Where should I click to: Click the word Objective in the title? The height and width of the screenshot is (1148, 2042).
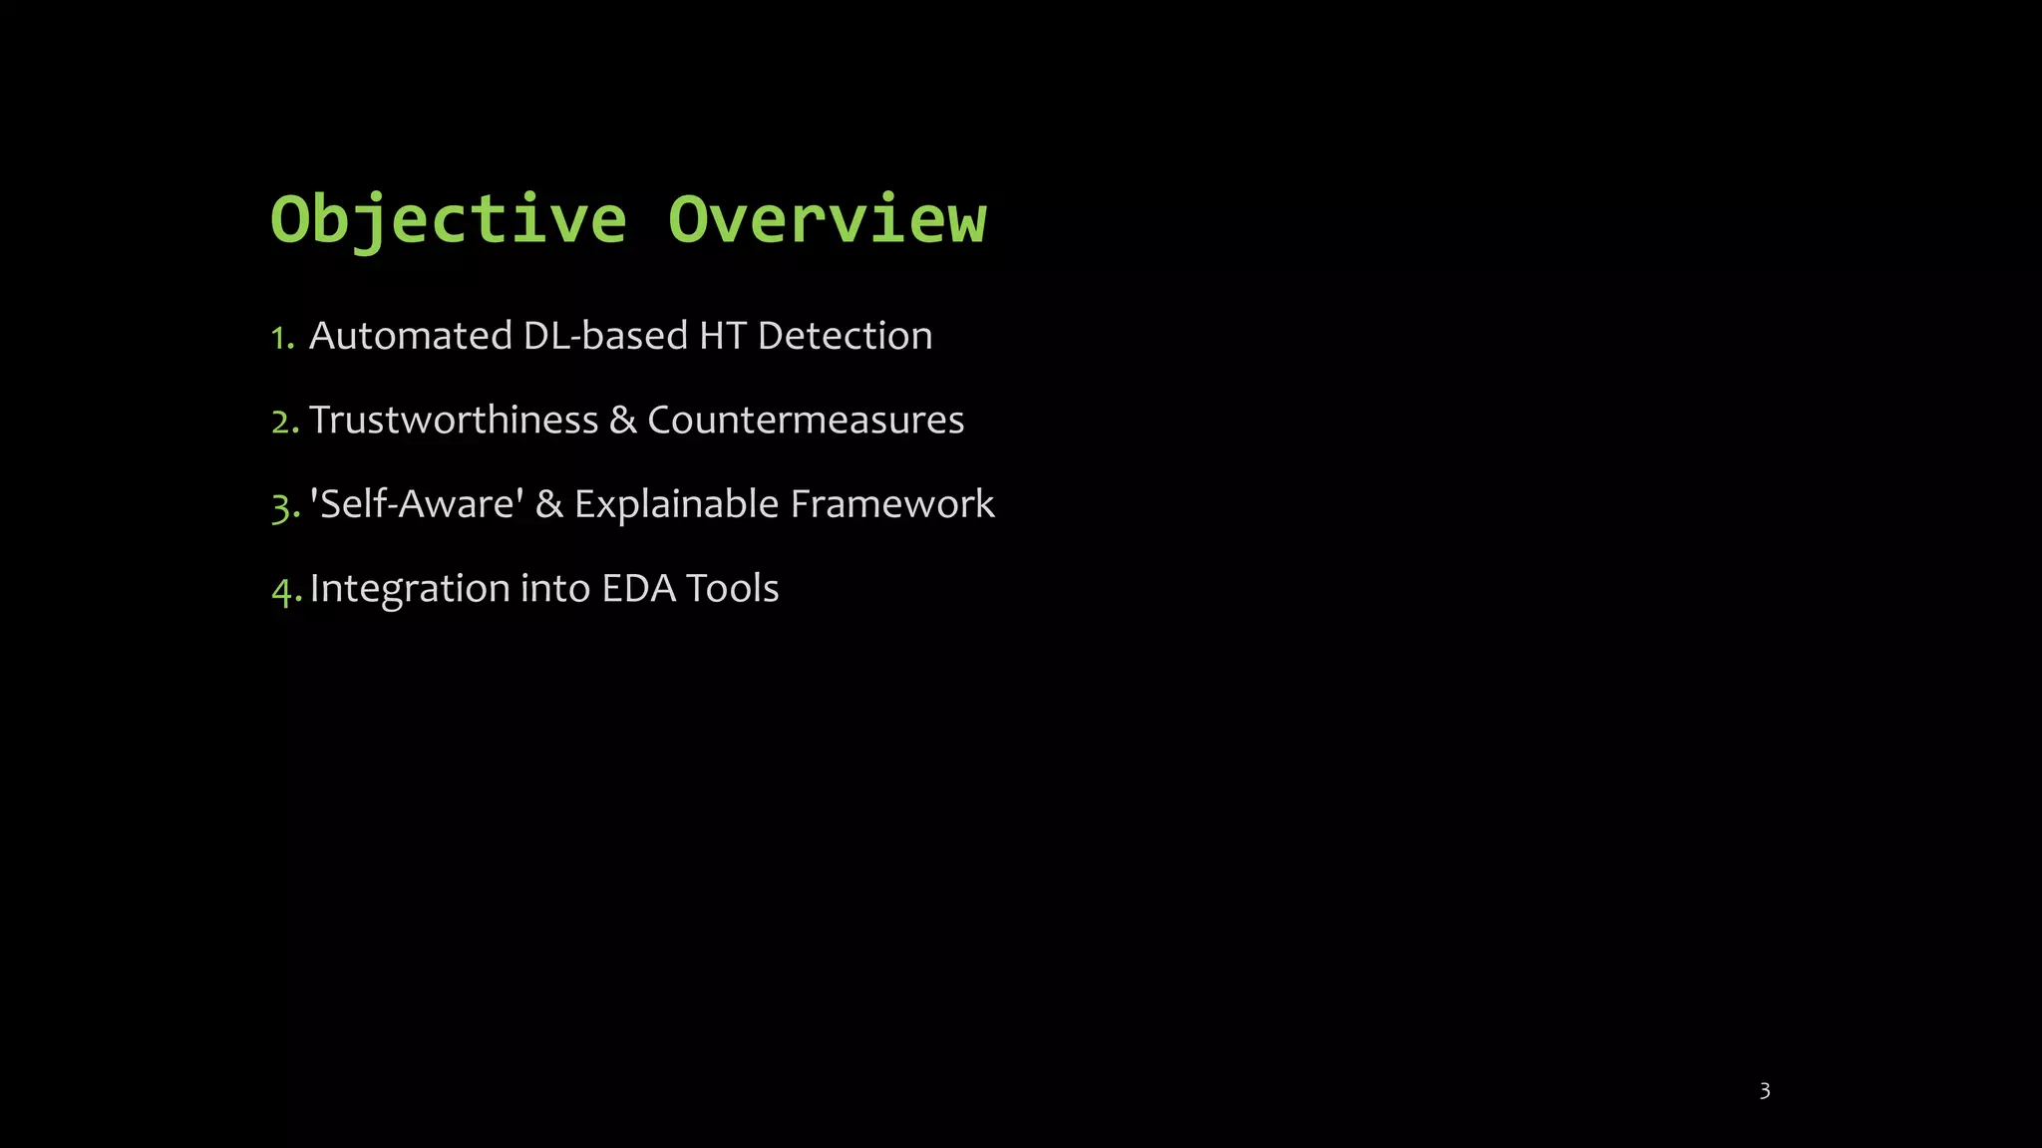coord(449,219)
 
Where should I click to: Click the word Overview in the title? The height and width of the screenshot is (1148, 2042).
coord(827,219)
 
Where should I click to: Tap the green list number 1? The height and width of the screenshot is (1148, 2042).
coord(281,338)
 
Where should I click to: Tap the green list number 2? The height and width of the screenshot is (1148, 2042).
coord(284,422)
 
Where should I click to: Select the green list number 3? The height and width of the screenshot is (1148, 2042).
coord(284,506)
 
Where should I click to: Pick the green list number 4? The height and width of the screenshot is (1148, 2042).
coord(285,591)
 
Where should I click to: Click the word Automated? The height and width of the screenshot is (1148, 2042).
coord(410,336)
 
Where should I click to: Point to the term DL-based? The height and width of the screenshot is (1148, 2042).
coord(605,336)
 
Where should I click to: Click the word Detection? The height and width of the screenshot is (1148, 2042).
coord(845,336)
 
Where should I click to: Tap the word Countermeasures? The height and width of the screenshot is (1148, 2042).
coord(806,420)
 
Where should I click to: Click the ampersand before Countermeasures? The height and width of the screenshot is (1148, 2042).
coord(622,420)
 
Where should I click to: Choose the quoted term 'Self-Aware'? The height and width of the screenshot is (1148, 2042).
coord(417,504)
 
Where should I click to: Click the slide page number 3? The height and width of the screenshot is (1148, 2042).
coord(1764,1091)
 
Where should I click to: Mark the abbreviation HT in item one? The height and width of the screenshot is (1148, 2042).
coord(723,336)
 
